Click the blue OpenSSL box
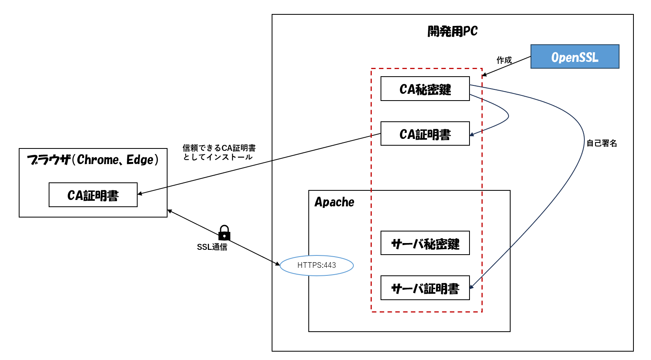tap(574, 57)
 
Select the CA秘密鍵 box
tap(425, 89)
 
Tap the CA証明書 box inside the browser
tap(93, 195)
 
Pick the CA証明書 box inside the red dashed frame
tap(425, 134)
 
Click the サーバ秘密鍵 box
tap(425, 243)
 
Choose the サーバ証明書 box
tap(425, 288)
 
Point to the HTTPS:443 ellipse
tap(317, 265)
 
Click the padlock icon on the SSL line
tap(224, 232)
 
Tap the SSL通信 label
tap(212, 247)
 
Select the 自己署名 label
tap(602, 143)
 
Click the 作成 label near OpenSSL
tap(504, 60)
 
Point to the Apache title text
tap(334, 202)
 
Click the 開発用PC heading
tap(452, 31)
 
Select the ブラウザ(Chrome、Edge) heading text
tap(93, 160)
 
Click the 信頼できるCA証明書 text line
tap(219, 148)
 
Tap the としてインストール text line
tap(218, 157)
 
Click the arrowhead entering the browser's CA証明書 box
tap(140, 194)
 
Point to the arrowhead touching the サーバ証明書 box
tap(471, 287)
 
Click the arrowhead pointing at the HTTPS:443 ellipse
tap(278, 264)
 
